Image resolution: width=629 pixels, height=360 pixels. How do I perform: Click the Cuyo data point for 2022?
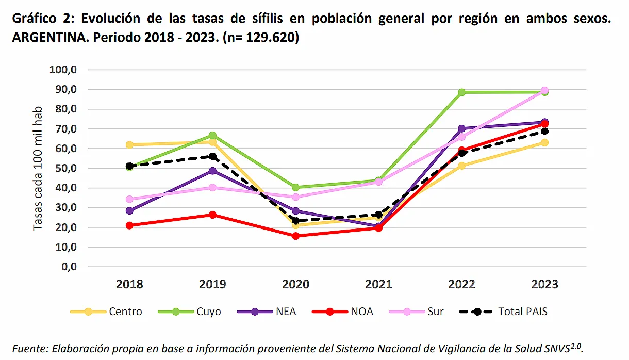point(461,92)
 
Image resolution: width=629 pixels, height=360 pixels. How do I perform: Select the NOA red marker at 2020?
point(295,236)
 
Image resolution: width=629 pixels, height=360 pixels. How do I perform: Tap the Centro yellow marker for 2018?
point(129,145)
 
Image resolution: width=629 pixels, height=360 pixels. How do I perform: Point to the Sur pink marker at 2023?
point(544,91)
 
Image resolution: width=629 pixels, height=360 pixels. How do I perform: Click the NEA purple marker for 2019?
point(212,171)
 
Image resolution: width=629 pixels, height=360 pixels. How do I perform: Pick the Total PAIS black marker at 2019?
point(212,156)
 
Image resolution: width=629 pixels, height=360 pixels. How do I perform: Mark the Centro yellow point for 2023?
point(544,142)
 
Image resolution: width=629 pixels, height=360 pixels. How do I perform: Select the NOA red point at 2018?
point(129,225)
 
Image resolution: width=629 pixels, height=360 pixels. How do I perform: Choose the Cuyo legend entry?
point(208,312)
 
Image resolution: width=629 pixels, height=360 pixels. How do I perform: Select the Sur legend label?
point(435,312)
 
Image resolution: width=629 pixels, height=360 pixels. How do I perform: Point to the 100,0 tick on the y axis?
point(63,70)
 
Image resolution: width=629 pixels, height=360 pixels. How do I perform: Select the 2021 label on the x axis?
point(378,284)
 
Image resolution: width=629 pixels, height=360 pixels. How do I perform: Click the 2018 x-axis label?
point(129,284)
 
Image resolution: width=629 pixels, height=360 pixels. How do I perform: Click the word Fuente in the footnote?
point(29,348)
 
